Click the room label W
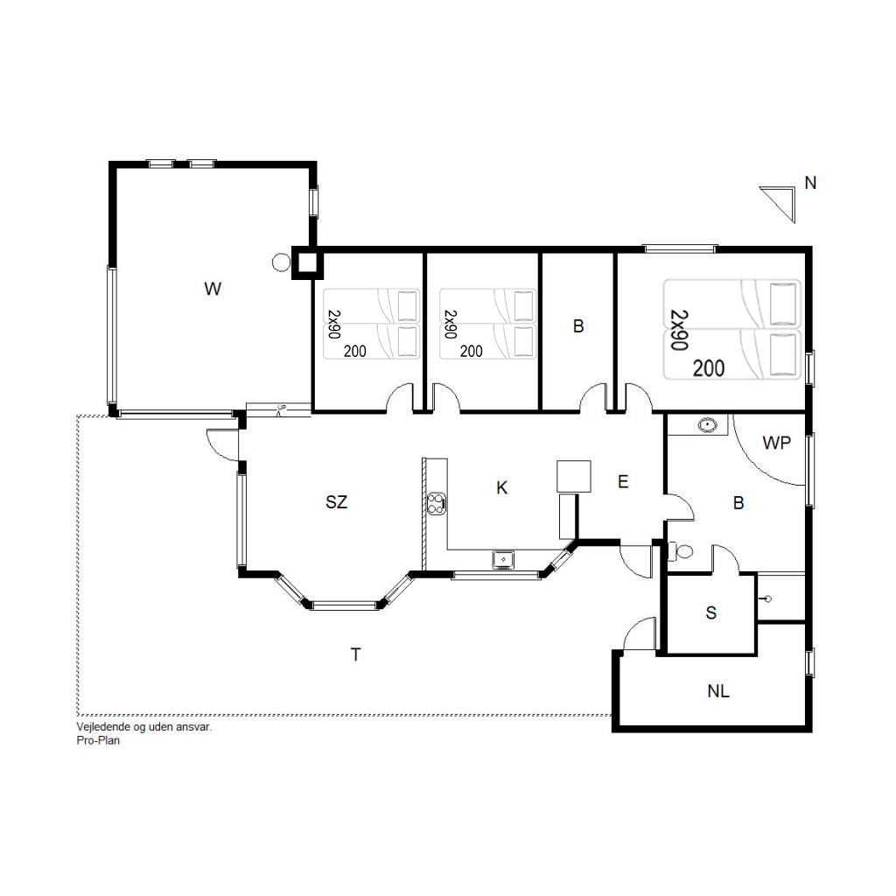pyautogui.click(x=213, y=289)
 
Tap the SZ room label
pyautogui.click(x=336, y=501)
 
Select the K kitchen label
pyautogui.click(x=501, y=487)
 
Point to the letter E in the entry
pyautogui.click(x=623, y=482)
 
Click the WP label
pyautogui.click(x=777, y=442)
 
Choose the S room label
pyautogui.click(x=710, y=612)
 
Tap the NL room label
pyautogui.click(x=718, y=691)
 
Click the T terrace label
pyautogui.click(x=355, y=654)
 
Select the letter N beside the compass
pyautogui.click(x=810, y=183)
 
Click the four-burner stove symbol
pyautogui.click(x=436, y=503)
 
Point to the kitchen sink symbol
pyautogui.click(x=503, y=559)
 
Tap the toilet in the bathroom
pyautogui.click(x=681, y=551)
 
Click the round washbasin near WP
pyautogui.click(x=707, y=425)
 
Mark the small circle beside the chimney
pyautogui.click(x=281, y=262)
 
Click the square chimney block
pyautogui.click(x=307, y=262)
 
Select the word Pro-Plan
pyautogui.click(x=98, y=740)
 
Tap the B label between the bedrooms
pyautogui.click(x=578, y=326)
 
